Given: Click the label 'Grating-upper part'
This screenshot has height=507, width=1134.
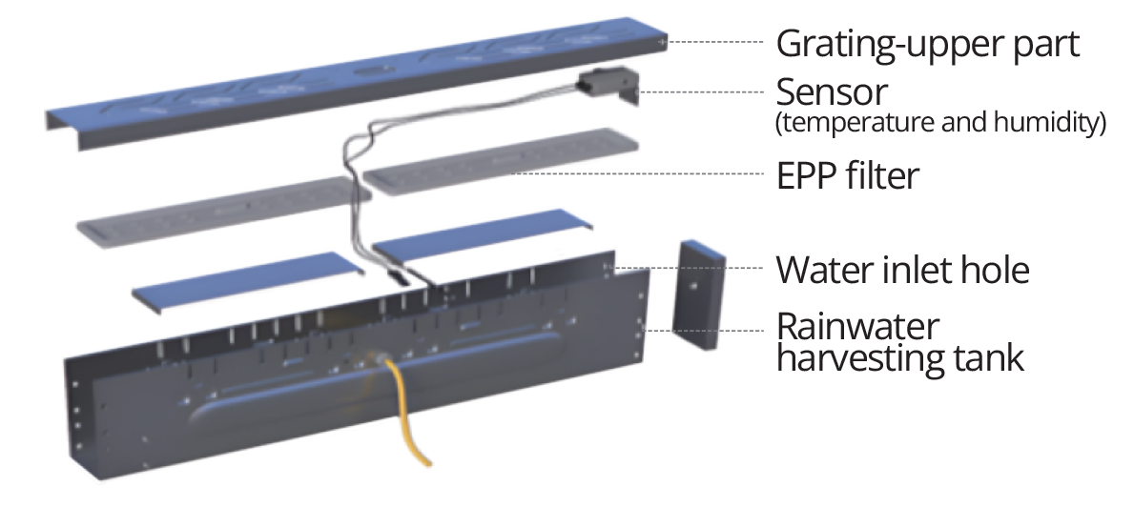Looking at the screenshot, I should point(927,44).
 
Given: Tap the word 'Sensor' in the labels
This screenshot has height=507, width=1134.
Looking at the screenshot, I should point(832,92).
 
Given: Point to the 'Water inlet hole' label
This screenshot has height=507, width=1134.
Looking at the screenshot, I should point(902,270).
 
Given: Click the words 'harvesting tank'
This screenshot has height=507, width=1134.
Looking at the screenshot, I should point(900,358).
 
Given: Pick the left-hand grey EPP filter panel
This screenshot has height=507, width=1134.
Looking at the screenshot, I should point(215,213).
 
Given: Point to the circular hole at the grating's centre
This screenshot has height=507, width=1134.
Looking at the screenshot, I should point(367,71).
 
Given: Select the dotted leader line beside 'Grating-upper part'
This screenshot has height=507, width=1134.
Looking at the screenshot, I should point(715,43).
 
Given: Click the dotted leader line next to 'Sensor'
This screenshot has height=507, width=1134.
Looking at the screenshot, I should point(701,91).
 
